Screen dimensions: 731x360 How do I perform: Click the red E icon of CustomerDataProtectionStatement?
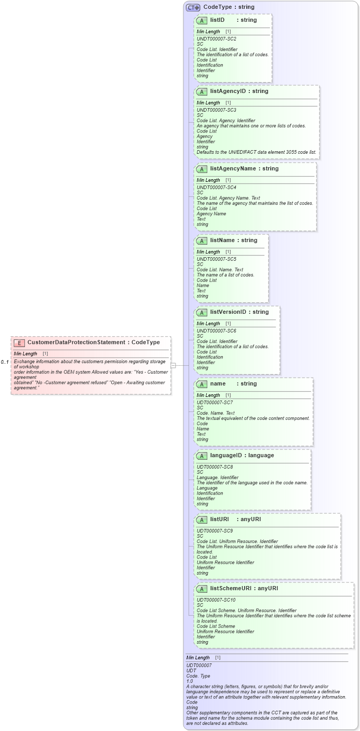click(x=19, y=342)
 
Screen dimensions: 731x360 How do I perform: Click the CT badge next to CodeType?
click(x=193, y=7)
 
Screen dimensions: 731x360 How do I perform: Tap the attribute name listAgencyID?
click(x=227, y=91)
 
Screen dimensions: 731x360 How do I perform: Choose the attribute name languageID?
click(x=228, y=455)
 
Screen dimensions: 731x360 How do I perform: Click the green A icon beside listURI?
click(x=202, y=520)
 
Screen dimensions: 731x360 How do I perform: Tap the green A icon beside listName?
click(x=202, y=241)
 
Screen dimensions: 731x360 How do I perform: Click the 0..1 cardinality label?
click(x=5, y=362)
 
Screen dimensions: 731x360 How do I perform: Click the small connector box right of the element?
click(x=174, y=365)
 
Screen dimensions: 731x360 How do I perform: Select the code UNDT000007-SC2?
click(x=216, y=39)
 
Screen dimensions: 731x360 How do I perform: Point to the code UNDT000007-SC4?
click(x=216, y=188)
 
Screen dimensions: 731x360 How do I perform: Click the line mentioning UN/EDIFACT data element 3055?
click(x=256, y=152)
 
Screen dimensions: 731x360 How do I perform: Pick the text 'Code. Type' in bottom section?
click(x=198, y=675)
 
